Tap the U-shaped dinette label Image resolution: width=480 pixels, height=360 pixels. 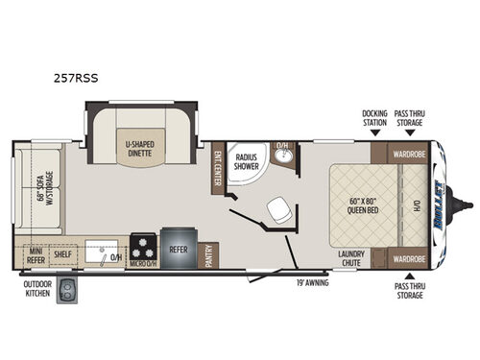coord(142,149)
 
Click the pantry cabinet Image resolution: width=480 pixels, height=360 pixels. coord(208,254)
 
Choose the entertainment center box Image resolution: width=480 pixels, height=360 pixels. coord(218,167)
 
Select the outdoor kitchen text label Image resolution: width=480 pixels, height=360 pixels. coord(37,289)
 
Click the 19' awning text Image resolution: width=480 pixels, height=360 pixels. coord(312,283)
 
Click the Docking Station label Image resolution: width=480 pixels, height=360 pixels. coord(374,118)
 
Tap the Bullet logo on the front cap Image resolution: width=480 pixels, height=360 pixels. coord(442,205)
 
